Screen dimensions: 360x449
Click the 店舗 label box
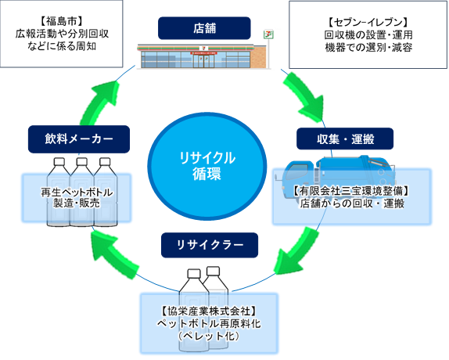pyautogui.click(x=204, y=29)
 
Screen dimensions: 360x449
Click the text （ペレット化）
pyautogui.click(x=209, y=334)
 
